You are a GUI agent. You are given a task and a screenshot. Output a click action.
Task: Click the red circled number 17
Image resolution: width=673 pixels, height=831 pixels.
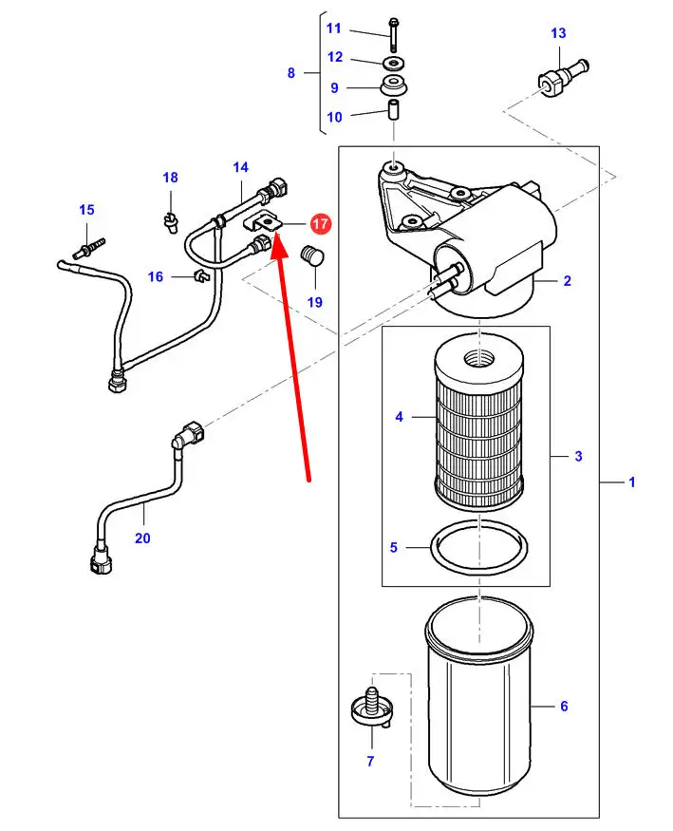(x=320, y=224)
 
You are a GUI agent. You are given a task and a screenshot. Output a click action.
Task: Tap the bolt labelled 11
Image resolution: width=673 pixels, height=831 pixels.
(x=393, y=34)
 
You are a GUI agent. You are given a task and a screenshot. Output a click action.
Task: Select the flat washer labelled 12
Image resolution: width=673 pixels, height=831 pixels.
(x=393, y=64)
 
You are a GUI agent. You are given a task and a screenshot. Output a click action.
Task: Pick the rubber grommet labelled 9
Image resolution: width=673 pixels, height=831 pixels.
(x=394, y=85)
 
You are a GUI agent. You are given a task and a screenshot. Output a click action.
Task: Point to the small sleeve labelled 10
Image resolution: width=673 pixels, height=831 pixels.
(x=394, y=110)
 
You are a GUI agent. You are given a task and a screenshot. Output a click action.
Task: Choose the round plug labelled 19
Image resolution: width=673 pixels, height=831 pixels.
(x=312, y=255)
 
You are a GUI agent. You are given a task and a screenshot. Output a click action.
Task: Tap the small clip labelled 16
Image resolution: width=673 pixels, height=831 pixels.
(x=202, y=275)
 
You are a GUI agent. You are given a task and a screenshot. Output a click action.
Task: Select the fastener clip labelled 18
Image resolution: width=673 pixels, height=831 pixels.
(x=170, y=221)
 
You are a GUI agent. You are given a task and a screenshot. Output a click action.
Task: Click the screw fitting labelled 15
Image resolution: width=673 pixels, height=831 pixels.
(x=89, y=249)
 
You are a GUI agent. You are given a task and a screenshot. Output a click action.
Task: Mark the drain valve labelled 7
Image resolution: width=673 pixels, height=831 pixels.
(x=372, y=708)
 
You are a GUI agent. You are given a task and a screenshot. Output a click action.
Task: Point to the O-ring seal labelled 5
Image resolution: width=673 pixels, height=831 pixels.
(x=479, y=547)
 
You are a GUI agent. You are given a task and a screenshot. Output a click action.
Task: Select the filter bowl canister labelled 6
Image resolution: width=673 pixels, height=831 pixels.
(x=479, y=702)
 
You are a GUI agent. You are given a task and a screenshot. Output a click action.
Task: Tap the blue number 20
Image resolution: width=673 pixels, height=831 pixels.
(x=142, y=538)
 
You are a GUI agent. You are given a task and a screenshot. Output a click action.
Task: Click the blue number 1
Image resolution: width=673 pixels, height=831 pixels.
(x=631, y=482)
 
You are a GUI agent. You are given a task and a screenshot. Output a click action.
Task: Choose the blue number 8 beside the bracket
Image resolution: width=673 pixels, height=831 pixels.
(x=290, y=72)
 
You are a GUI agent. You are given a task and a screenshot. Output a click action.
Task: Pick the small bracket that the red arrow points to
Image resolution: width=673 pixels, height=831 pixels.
(x=263, y=221)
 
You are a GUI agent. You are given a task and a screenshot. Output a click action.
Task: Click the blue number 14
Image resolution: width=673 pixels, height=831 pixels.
(x=240, y=167)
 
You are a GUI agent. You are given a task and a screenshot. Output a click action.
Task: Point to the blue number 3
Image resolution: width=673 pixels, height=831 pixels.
(x=578, y=456)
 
